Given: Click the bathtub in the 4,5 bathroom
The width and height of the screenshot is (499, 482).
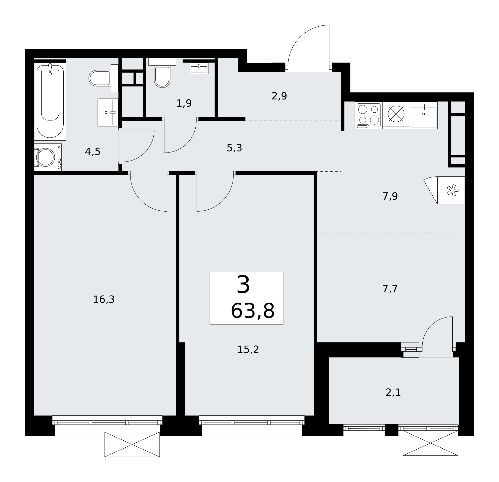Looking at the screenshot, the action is tap(50, 101).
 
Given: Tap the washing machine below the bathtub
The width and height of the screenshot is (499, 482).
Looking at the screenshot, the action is tap(48, 157).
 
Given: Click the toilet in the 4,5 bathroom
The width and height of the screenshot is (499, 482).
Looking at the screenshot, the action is tap(104, 78).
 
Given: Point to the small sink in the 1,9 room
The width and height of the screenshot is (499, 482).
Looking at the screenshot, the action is tap(199, 69).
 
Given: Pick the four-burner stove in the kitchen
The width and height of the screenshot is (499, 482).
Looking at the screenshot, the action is tap(369, 115).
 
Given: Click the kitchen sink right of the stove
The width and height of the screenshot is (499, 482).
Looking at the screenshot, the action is tap(424, 115).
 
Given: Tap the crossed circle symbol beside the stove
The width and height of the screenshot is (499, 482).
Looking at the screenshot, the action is tap(396, 114).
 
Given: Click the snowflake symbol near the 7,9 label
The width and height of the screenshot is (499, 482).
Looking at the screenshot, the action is tap(452, 190).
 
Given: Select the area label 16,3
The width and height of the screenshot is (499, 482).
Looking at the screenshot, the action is tap(104, 300).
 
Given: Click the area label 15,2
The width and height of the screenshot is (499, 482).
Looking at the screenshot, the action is tap(248, 350).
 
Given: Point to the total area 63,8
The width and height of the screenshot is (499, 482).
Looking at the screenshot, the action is tap(252, 311).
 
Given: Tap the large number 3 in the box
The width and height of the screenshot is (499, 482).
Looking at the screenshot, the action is tap(244, 285).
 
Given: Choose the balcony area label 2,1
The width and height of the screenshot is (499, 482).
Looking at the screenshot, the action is tap(393, 393).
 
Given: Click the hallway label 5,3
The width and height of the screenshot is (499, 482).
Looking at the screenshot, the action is tap(234, 148).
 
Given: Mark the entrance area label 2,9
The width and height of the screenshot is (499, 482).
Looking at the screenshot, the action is tap(279, 96).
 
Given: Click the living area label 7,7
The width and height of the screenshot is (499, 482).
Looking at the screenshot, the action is tap(390, 289).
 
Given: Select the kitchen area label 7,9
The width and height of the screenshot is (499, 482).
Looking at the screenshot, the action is tap(390, 196).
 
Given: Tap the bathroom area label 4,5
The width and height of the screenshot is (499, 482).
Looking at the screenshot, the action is tap(93, 152).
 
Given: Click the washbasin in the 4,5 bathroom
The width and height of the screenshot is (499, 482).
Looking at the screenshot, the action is tap(108, 112).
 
